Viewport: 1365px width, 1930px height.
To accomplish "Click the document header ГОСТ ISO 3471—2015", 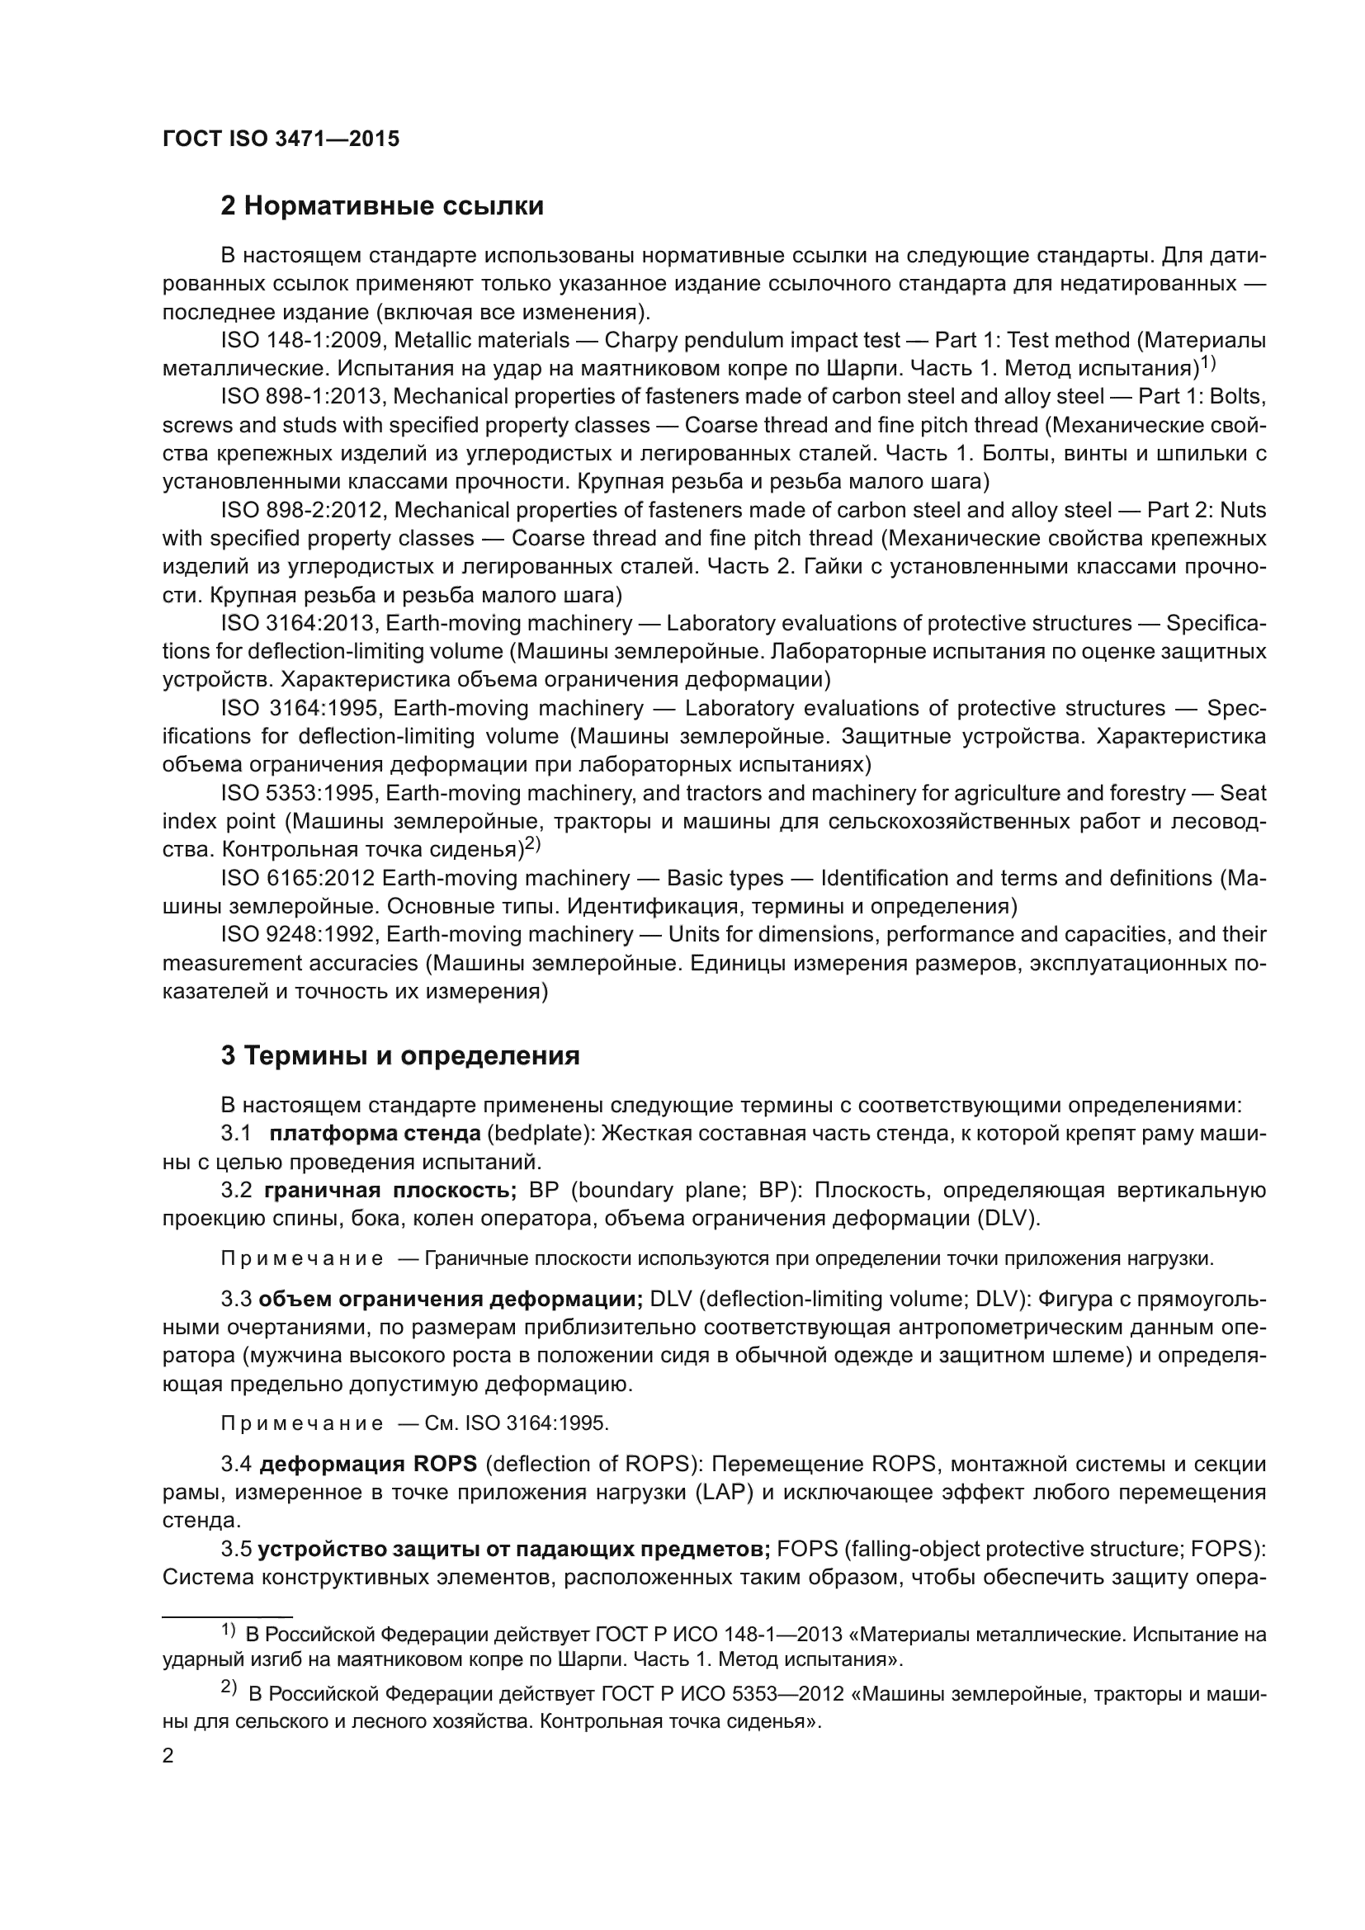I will click(x=281, y=139).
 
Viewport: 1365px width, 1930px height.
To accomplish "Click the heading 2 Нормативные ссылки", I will click(x=381, y=206).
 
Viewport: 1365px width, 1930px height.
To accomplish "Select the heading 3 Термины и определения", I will click(x=400, y=1056).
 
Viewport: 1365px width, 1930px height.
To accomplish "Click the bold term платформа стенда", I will click(x=375, y=1134).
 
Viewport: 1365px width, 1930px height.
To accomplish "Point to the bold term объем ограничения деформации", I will click(x=451, y=1300).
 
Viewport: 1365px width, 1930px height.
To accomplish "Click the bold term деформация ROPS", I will click(x=368, y=1465).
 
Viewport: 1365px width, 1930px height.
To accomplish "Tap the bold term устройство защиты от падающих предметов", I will click(x=514, y=1550).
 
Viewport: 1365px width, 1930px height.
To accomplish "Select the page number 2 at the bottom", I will click(x=168, y=1755).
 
